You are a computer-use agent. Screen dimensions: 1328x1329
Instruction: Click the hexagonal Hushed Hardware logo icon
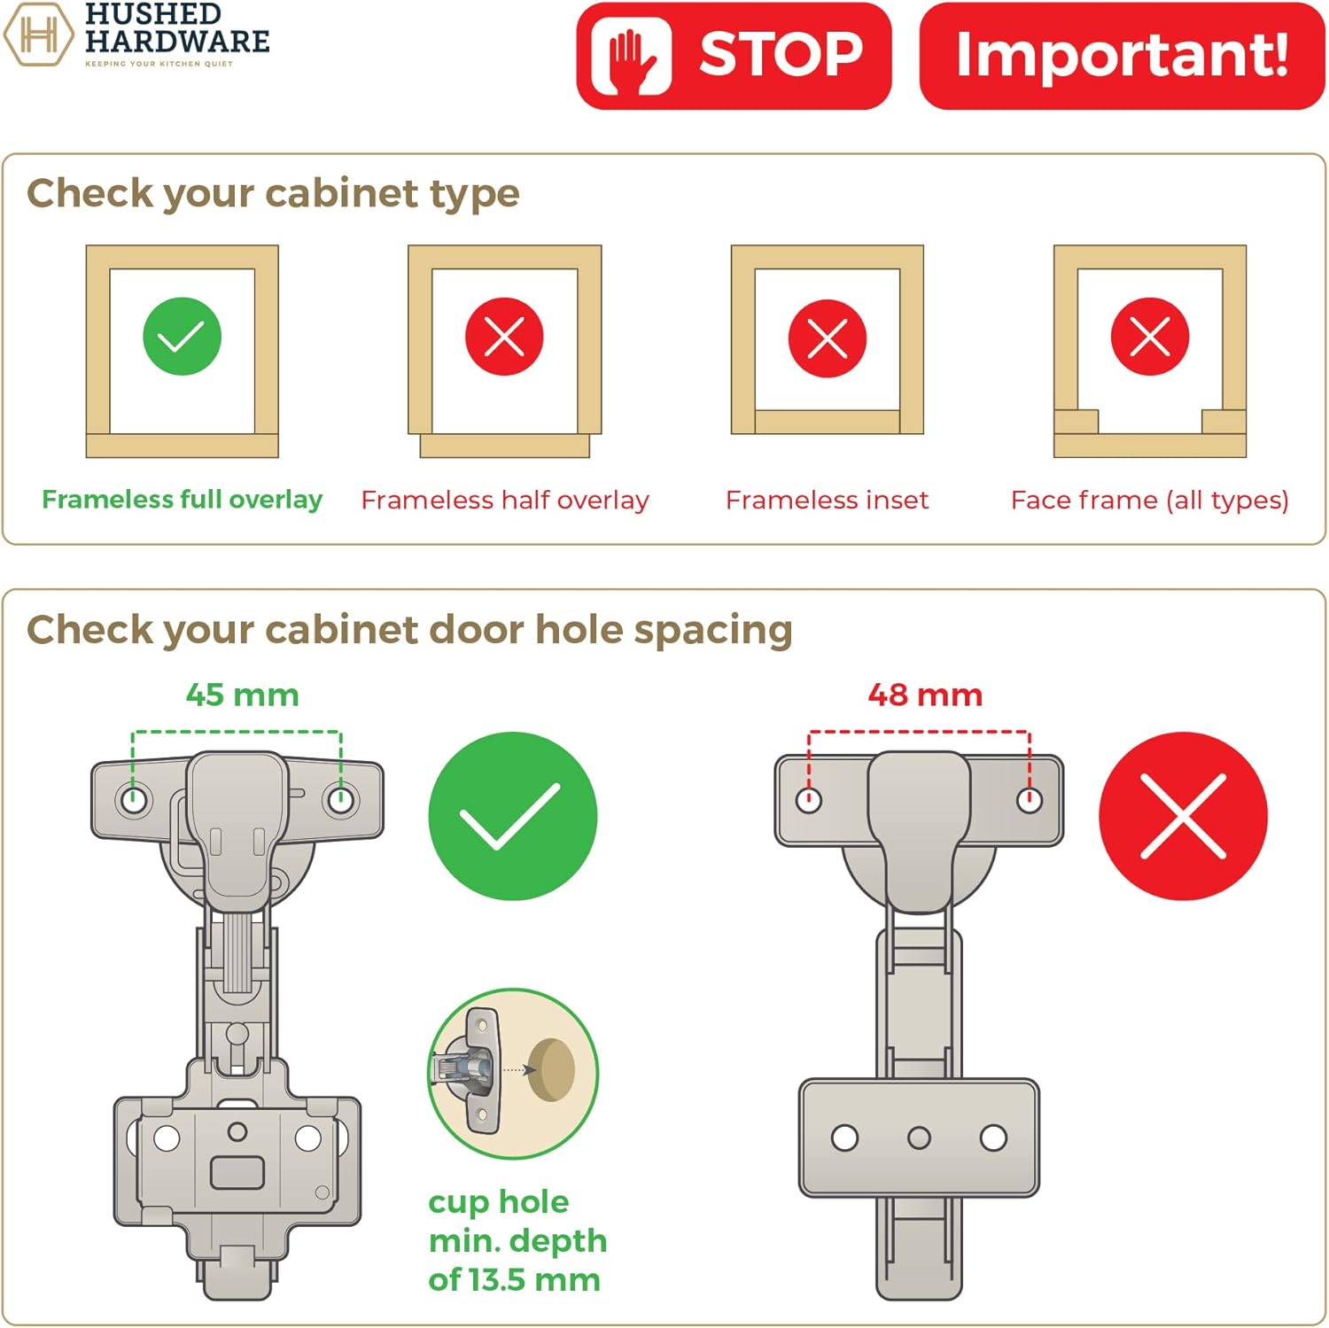[38, 35]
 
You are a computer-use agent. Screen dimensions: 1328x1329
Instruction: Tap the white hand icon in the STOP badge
[631, 56]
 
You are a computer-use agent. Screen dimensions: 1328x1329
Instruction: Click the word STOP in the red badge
[781, 55]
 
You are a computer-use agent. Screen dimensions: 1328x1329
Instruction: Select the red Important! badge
[1122, 56]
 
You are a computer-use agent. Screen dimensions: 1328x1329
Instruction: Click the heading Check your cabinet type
[273, 193]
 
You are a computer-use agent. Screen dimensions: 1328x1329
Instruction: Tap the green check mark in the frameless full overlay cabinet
[182, 337]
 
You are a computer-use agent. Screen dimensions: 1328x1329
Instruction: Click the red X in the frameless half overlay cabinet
[504, 337]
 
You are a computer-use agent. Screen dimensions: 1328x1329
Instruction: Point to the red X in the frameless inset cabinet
[828, 338]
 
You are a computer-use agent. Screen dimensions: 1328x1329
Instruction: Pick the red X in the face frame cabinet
[1150, 337]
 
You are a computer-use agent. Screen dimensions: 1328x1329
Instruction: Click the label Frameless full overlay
[182, 500]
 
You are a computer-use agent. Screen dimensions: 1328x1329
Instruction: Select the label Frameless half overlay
[505, 501]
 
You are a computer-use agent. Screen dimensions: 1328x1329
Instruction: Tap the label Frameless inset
[827, 501]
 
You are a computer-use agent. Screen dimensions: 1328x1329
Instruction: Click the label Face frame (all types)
[1149, 501]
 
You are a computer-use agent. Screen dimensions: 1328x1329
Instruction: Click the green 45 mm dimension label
[242, 695]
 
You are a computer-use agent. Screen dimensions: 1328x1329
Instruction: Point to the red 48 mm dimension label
[925, 695]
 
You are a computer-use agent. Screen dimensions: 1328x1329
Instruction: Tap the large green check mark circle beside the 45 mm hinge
[512, 816]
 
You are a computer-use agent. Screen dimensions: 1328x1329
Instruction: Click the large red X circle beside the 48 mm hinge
[1183, 816]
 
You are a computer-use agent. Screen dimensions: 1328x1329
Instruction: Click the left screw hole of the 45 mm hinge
[134, 801]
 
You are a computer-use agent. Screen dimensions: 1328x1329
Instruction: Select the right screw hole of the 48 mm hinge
[1029, 801]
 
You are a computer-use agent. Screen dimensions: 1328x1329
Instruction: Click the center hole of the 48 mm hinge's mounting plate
[919, 1138]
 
